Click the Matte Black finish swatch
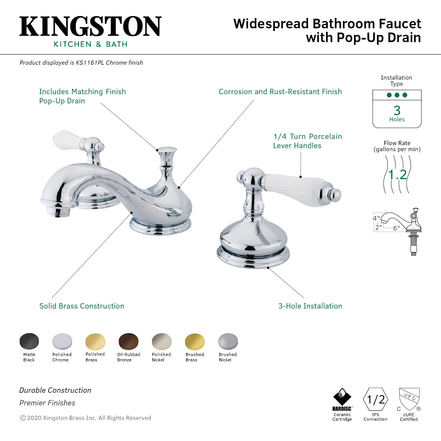(x=29, y=341)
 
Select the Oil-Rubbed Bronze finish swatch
(x=128, y=341)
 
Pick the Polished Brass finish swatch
(x=95, y=341)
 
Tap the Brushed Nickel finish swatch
(x=228, y=341)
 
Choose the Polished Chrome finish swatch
(x=62, y=341)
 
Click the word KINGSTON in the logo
(x=90, y=26)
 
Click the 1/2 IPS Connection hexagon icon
(x=376, y=400)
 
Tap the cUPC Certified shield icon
(x=409, y=399)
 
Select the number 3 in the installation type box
(x=397, y=111)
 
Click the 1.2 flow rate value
(x=397, y=175)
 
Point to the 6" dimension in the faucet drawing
(x=396, y=228)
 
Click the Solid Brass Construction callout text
(x=82, y=306)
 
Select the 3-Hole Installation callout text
(x=310, y=306)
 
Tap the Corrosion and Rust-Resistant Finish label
(x=280, y=91)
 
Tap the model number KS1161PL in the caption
(x=90, y=63)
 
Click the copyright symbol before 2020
(x=23, y=418)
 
